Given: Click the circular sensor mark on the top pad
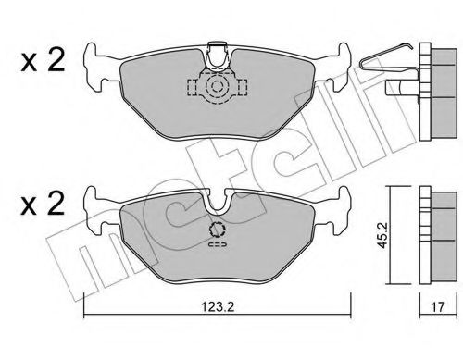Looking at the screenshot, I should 219,88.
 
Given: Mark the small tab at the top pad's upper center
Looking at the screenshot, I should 219,50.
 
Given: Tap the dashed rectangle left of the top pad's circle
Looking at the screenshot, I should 195,88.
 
